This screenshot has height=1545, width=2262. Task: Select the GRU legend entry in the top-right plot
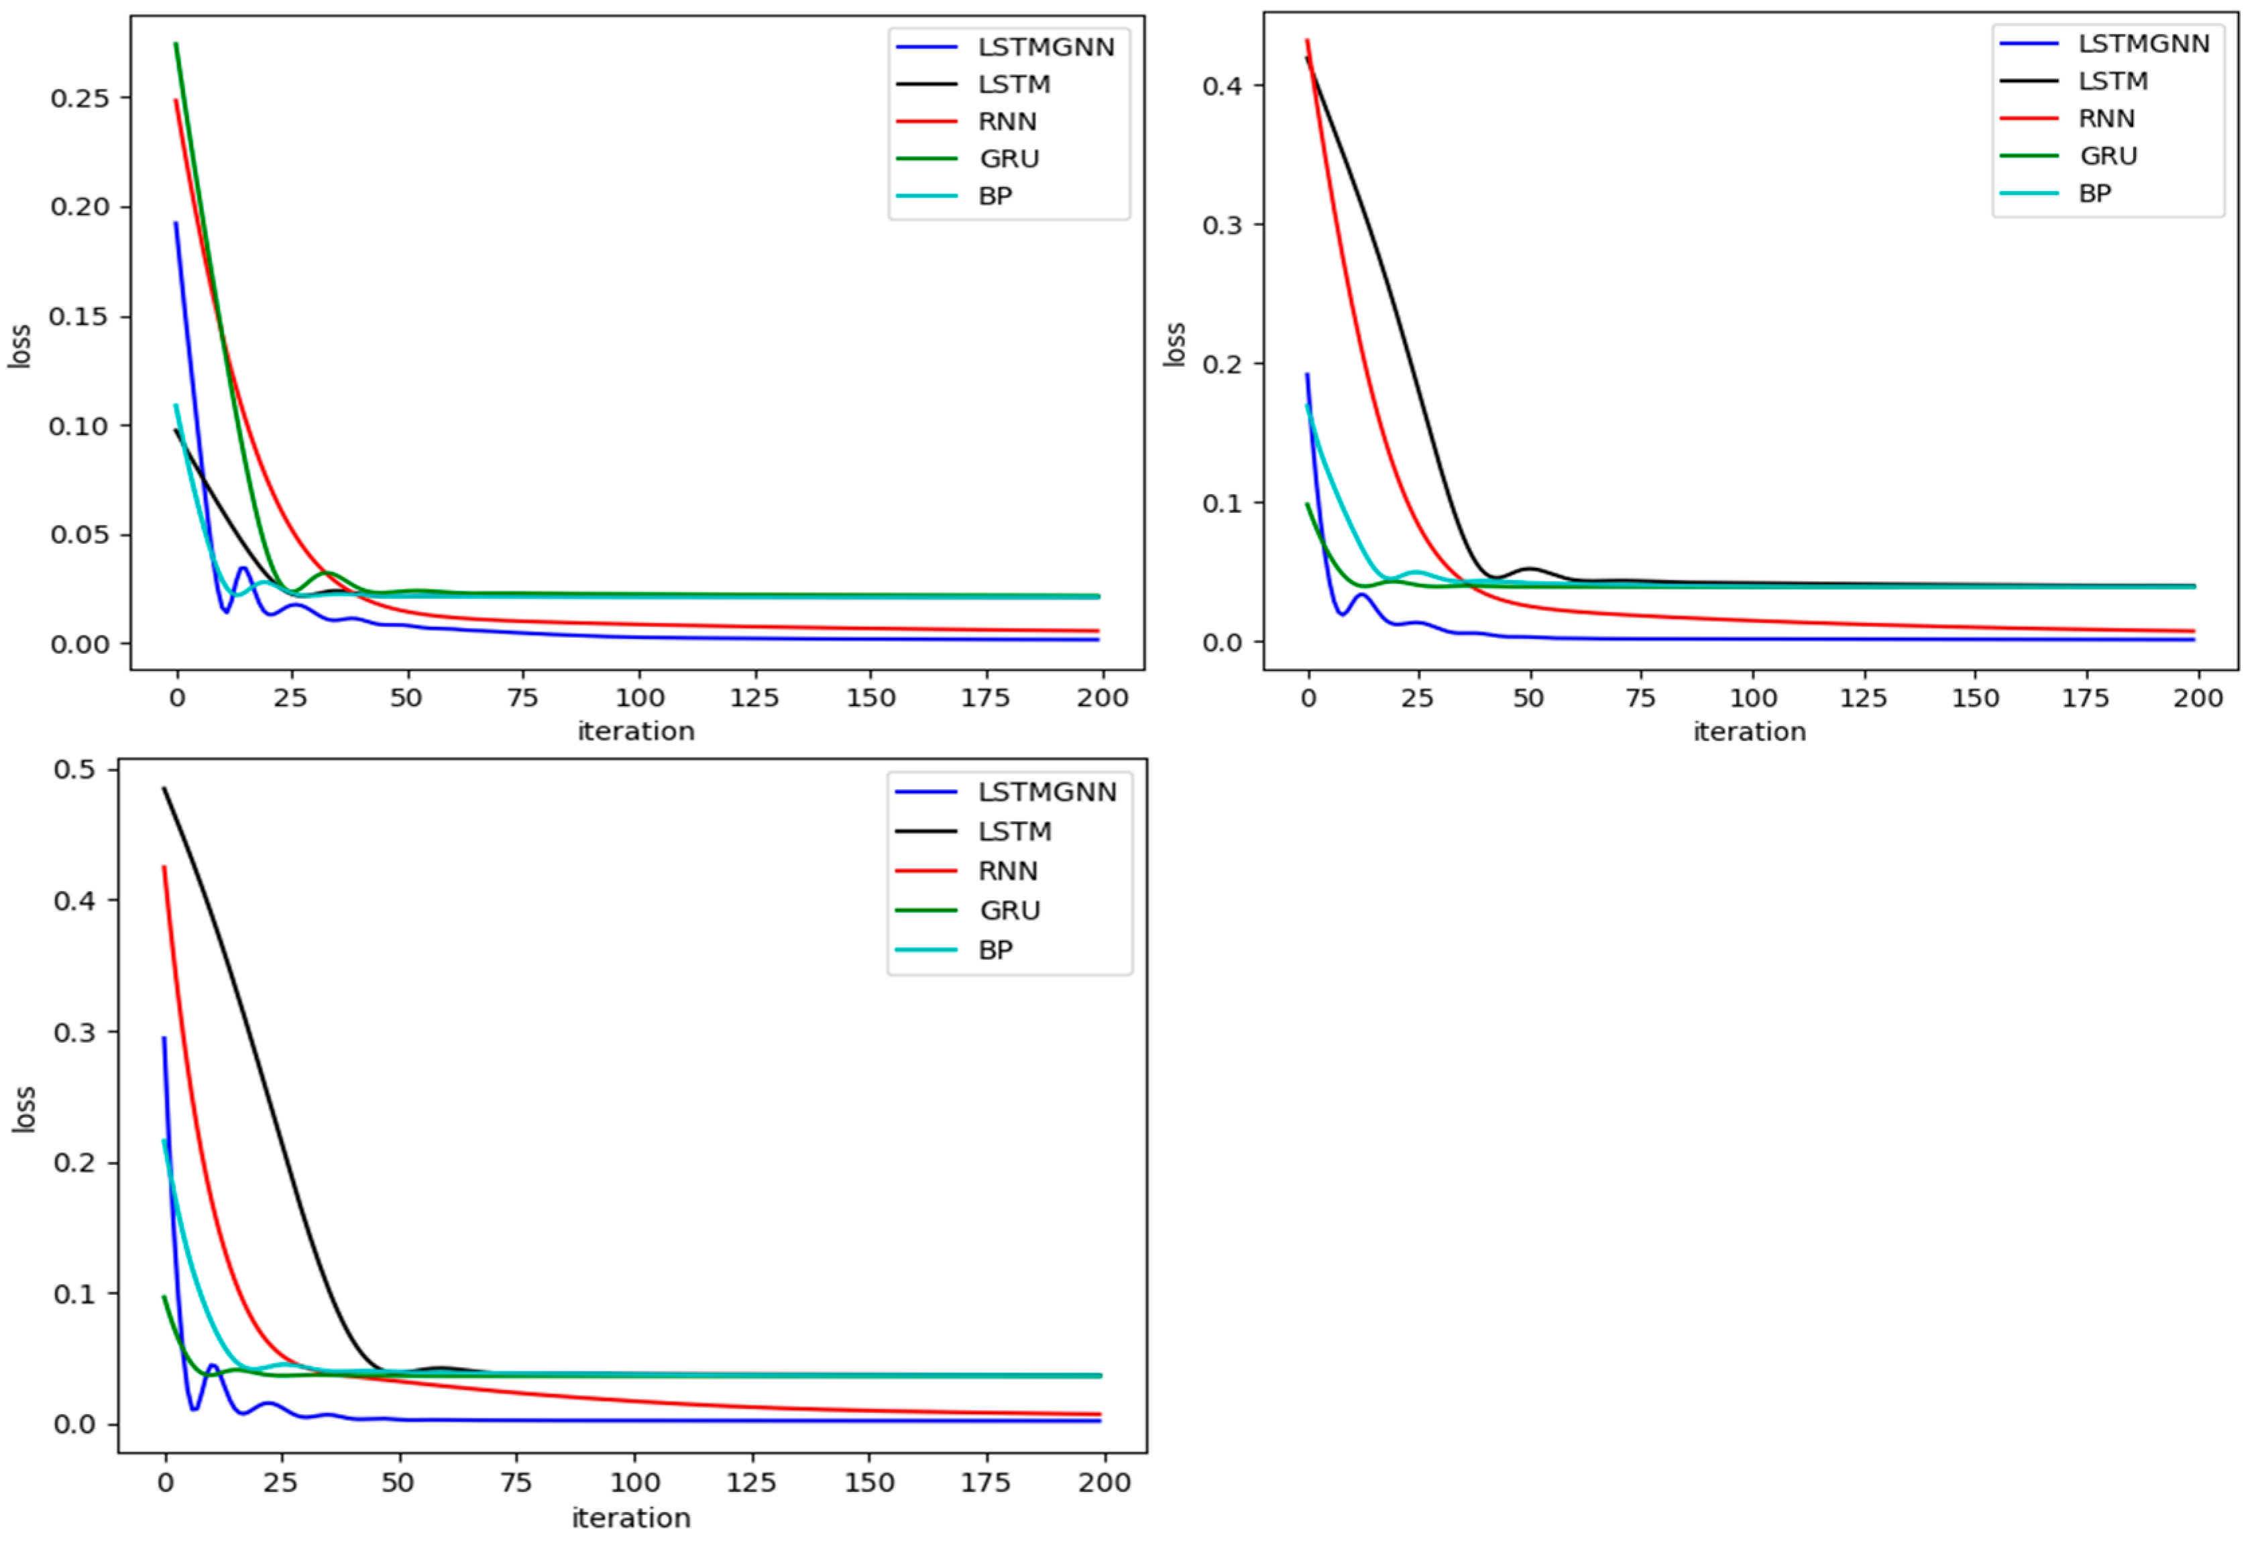2108,156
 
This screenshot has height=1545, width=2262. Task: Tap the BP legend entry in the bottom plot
995,950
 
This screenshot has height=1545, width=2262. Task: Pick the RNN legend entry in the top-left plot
1007,121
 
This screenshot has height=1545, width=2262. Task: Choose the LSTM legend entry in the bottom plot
1014,832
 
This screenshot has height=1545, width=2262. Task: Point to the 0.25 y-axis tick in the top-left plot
80,99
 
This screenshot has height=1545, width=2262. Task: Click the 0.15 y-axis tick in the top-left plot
80,317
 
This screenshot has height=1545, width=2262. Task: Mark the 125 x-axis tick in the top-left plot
754,698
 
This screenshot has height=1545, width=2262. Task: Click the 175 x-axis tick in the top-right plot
2085,698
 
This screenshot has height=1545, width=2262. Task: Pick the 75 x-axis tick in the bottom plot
516,1483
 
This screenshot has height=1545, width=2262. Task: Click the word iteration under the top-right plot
1749,732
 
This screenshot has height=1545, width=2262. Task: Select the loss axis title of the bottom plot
23,1109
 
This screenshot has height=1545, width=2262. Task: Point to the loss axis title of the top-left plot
19,345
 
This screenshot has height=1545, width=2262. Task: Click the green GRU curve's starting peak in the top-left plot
176,44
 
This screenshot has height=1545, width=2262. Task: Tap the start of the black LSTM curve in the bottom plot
164,789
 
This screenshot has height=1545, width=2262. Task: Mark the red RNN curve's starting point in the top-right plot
1307,41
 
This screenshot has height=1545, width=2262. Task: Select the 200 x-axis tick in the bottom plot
1105,1483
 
